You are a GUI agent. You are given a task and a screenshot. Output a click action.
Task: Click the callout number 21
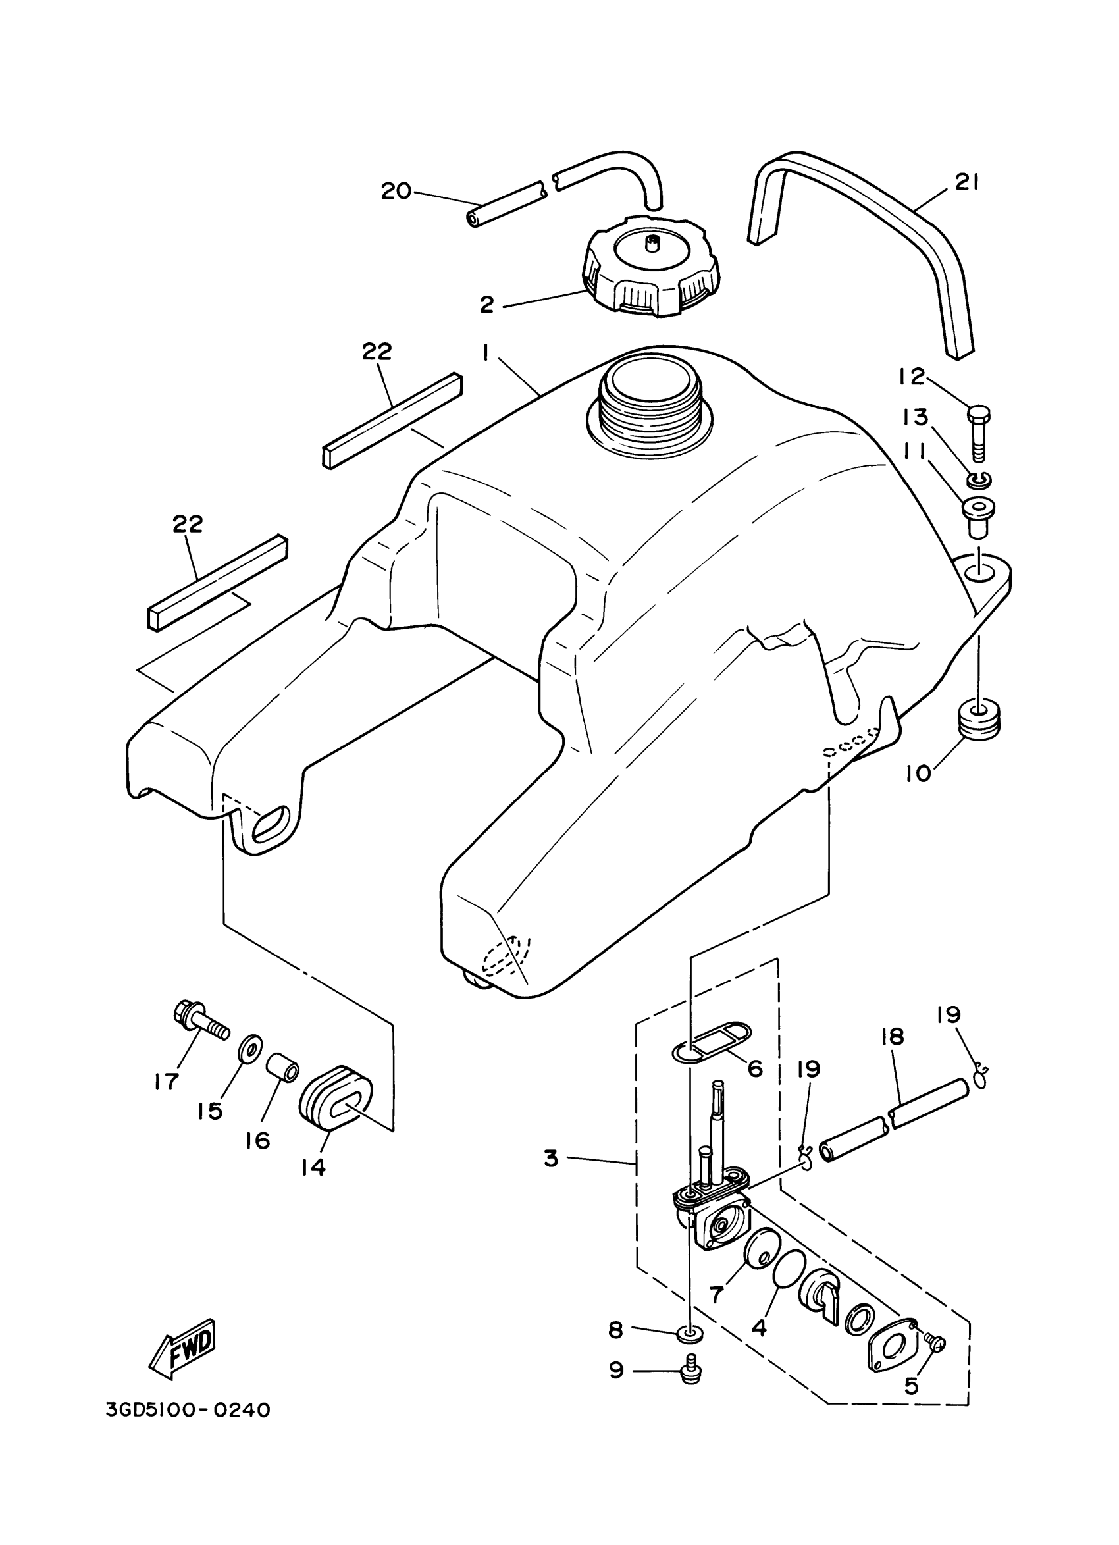(966, 182)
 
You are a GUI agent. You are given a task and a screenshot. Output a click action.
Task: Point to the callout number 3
(551, 1157)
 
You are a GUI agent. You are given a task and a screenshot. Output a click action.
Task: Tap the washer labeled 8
(690, 1330)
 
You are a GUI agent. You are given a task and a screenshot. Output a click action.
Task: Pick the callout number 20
(396, 192)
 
